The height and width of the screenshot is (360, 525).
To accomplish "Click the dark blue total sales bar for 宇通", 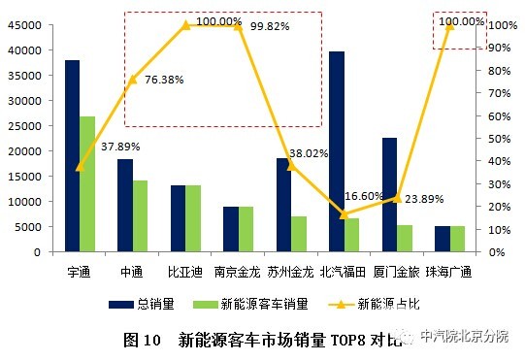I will [x=72, y=155].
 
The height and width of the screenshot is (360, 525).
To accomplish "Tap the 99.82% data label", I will [x=271, y=26].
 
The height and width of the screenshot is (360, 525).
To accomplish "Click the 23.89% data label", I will [x=423, y=199].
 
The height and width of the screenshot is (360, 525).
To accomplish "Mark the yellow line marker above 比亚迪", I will [x=185, y=25].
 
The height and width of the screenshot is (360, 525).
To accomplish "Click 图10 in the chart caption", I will [x=142, y=340].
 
